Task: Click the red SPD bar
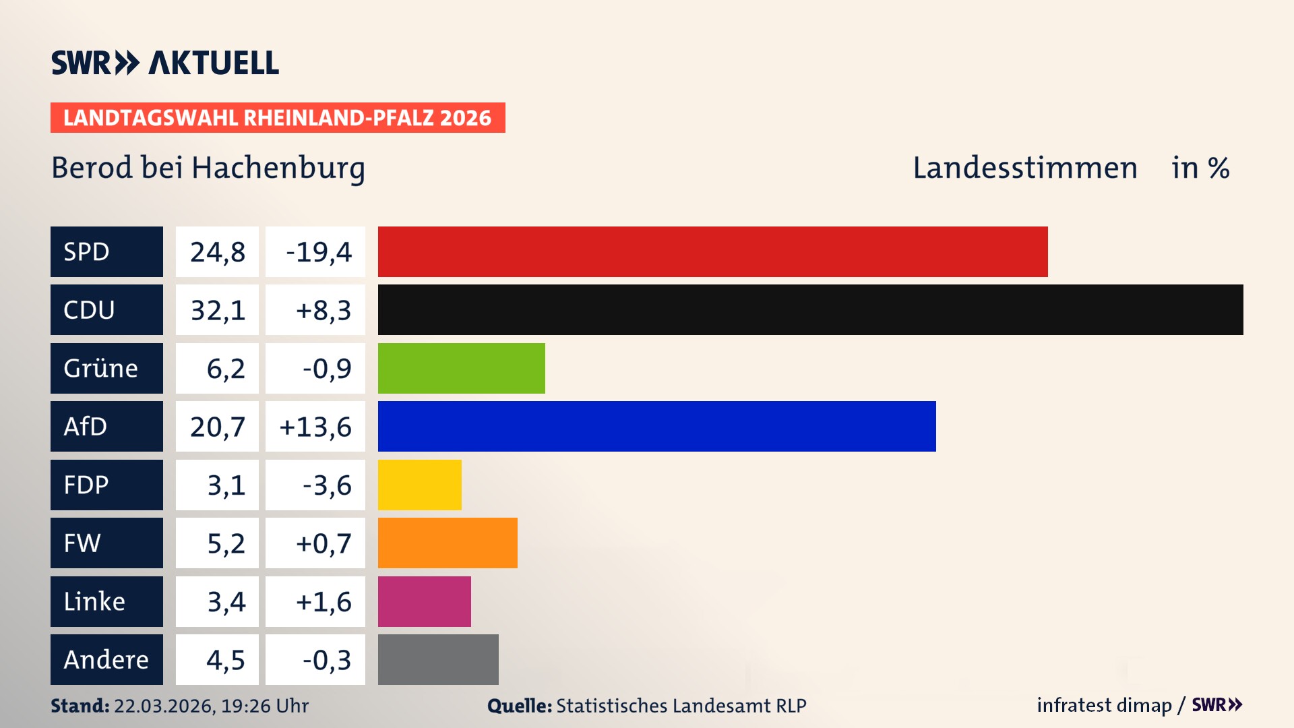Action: point(712,251)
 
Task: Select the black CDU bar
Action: point(810,309)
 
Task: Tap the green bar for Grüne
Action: point(461,368)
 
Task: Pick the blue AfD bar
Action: point(656,426)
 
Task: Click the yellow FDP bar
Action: point(419,485)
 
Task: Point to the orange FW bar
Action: point(448,543)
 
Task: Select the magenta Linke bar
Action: point(424,601)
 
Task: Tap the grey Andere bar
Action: point(438,659)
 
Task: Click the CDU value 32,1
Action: point(218,310)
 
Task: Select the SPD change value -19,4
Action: point(318,252)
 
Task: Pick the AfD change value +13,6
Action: point(315,427)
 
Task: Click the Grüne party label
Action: point(101,368)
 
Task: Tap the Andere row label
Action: point(106,659)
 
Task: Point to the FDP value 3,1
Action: point(226,485)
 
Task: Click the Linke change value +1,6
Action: point(323,602)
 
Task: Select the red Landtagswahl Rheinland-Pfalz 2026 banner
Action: point(277,117)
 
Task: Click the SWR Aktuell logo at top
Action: point(165,63)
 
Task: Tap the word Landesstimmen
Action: point(1024,168)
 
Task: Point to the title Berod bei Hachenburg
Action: point(208,168)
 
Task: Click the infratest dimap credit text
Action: point(1104,705)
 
